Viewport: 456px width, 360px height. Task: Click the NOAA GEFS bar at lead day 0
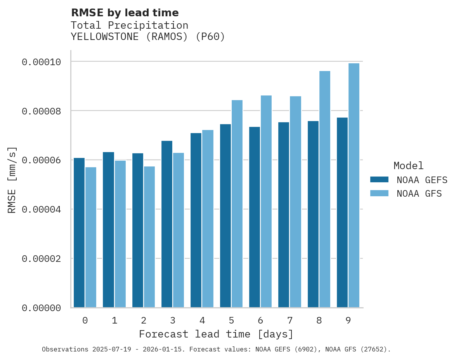tap(79, 233)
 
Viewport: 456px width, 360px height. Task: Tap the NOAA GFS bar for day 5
tap(237, 204)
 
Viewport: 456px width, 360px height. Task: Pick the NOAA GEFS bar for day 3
tap(167, 224)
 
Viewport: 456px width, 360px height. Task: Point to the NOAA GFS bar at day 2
tap(149, 237)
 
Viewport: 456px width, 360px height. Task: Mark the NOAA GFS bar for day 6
tap(266, 201)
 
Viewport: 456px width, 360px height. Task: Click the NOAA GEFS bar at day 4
tap(196, 220)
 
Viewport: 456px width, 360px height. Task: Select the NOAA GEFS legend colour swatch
tap(379, 179)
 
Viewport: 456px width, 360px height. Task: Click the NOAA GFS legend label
tap(419, 194)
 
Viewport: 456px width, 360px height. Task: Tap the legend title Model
tap(408, 166)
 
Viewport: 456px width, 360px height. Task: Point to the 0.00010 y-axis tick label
tap(41, 62)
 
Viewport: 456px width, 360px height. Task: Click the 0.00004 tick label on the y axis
tap(41, 209)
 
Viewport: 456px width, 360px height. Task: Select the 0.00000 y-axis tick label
tap(41, 308)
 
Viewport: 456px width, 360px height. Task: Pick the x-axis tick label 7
tap(290, 321)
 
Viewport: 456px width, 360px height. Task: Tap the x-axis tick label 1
tap(114, 321)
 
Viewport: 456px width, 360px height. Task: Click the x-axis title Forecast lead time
tap(216, 334)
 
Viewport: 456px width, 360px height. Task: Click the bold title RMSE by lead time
tap(125, 13)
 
